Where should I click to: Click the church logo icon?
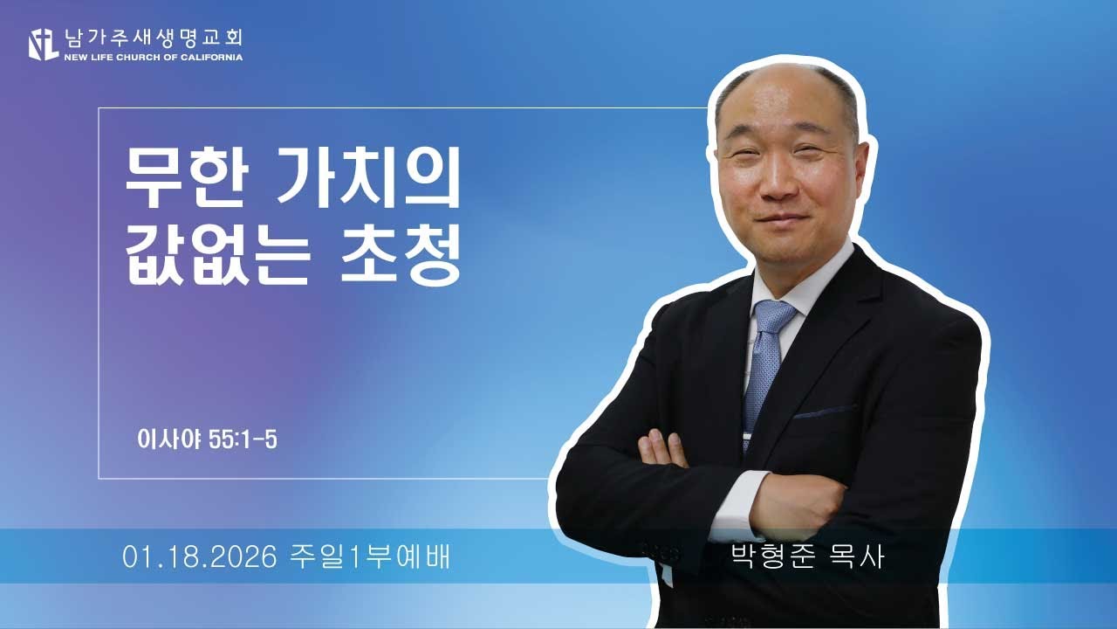click(44, 44)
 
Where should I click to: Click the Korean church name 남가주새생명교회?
click(154, 38)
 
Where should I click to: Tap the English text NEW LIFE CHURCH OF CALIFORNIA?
click(154, 58)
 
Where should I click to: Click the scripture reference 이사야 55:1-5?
click(207, 439)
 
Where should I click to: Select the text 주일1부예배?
click(368, 556)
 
